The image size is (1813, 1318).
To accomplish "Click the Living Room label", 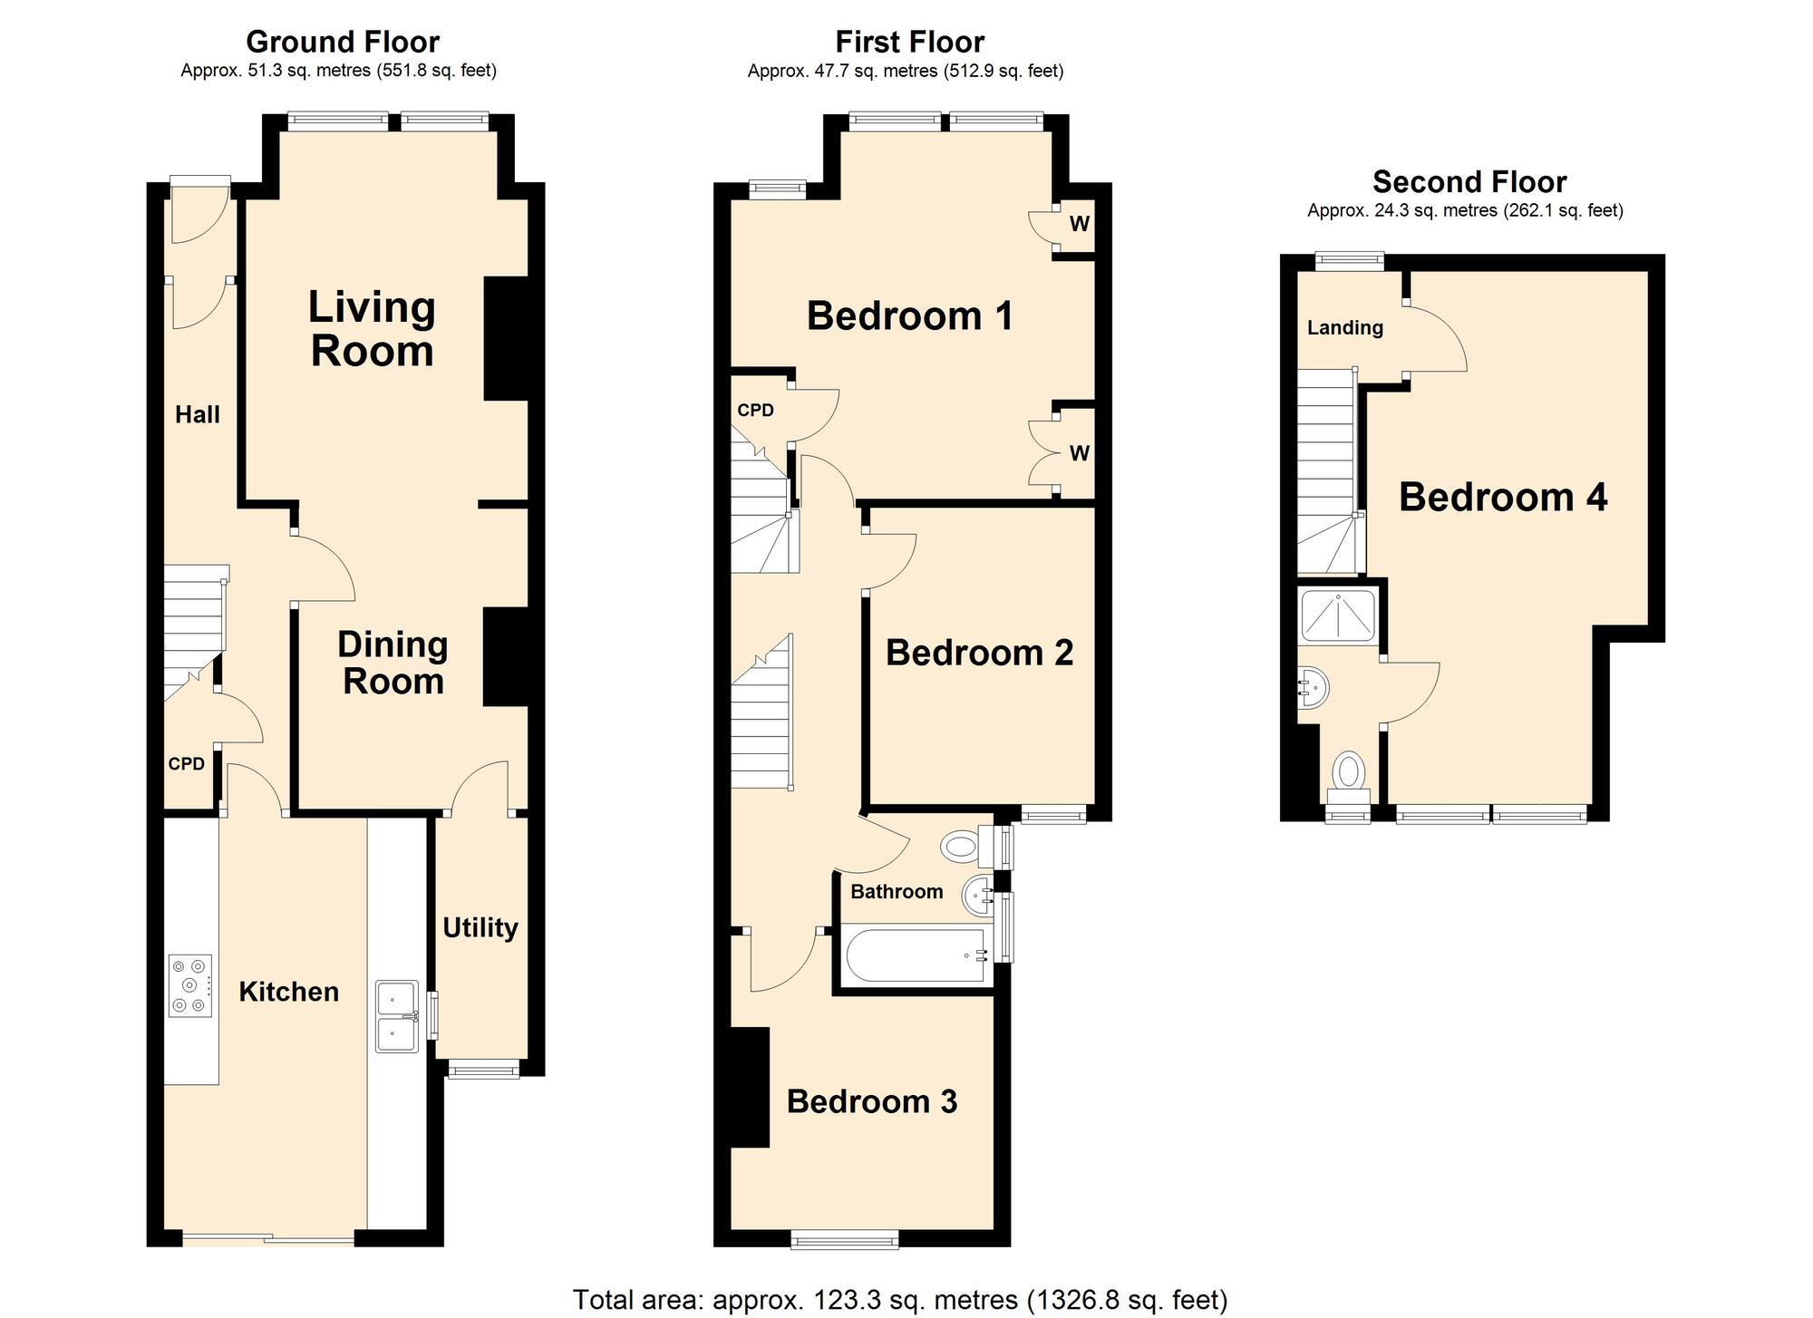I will click(x=372, y=329).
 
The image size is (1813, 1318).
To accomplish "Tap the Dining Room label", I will click(x=393, y=663).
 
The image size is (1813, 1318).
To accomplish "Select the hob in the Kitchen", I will click(x=190, y=985).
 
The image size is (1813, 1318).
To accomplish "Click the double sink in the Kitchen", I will click(x=397, y=1015).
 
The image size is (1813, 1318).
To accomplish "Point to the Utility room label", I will click(x=480, y=927).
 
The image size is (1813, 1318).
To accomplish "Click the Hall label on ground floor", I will click(x=197, y=414).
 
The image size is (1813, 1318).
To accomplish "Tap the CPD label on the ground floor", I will click(x=187, y=764).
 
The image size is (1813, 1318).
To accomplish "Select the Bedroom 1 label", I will click(x=909, y=315).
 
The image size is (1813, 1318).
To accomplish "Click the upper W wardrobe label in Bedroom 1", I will click(x=1079, y=223).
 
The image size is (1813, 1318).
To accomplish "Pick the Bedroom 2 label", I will click(x=979, y=653).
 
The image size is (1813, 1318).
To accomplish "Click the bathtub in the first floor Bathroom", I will click(x=916, y=955).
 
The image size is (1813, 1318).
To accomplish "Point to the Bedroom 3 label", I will click(x=871, y=1100).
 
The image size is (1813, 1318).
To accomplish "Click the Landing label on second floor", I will click(x=1344, y=327).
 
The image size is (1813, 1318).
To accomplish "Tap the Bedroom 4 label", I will click(x=1502, y=497).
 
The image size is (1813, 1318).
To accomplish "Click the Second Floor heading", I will click(x=1469, y=182).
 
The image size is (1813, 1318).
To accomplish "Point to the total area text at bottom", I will click(x=899, y=1299).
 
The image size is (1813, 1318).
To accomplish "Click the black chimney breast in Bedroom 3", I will click(x=750, y=1087).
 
